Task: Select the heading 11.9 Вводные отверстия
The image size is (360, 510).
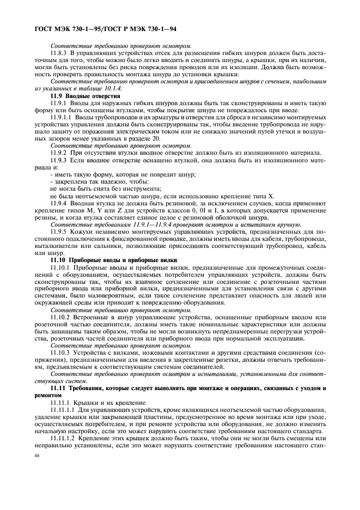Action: pos(85,95)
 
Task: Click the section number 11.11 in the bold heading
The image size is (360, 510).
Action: pos(58,387)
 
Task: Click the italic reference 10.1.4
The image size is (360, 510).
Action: pos(112,88)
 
